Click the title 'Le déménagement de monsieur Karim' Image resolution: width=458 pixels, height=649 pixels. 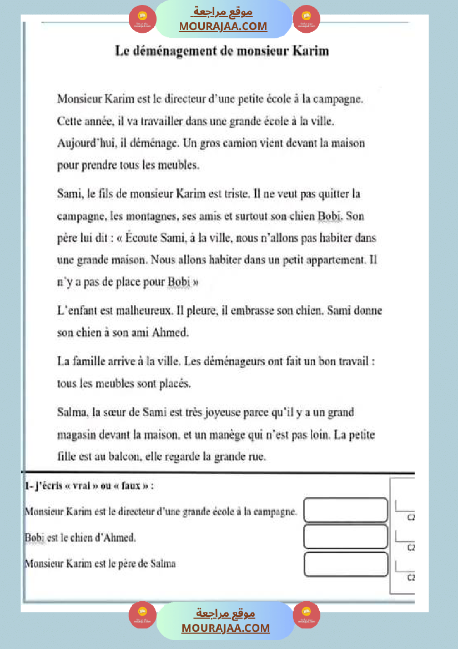pos(222,51)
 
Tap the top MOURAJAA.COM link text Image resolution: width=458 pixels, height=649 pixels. pos(223,26)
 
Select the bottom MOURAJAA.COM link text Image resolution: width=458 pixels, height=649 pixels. pos(225,628)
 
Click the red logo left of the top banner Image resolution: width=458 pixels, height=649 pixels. pos(142,19)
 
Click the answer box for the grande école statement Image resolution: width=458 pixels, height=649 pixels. pos(345,510)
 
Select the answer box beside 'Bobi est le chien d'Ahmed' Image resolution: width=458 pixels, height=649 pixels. pos(345,537)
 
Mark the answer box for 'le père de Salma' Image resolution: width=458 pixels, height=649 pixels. pos(345,564)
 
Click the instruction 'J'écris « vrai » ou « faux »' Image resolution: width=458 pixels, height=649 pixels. pos(89,486)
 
